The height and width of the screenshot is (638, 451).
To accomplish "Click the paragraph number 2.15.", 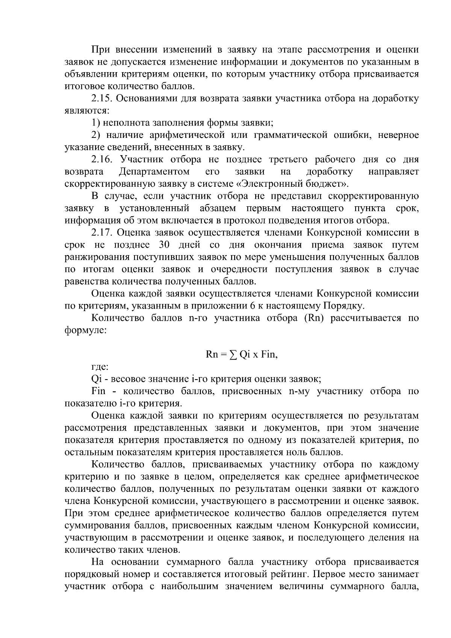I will point(101,99).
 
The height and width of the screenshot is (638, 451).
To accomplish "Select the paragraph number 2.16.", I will point(102,160).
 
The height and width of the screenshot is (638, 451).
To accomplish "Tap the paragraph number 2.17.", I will point(102,233).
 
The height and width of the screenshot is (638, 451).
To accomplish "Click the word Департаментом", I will point(154,172).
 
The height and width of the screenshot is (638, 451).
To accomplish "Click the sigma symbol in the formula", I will point(233,355).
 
